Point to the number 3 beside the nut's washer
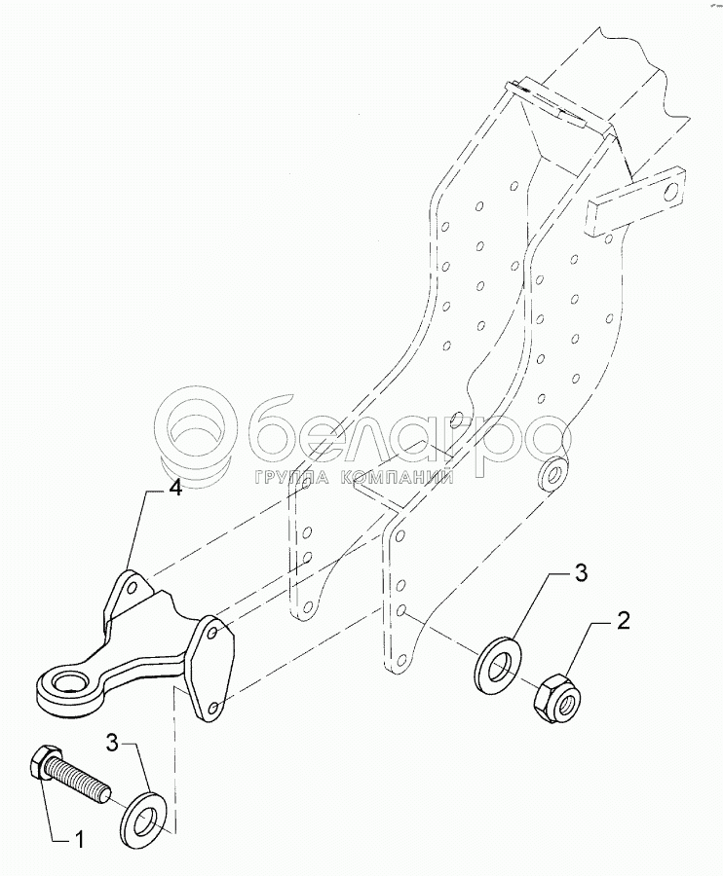click(580, 573)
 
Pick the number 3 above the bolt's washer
click(113, 745)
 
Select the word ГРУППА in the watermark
click(293, 478)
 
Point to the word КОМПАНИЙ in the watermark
click(400, 478)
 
